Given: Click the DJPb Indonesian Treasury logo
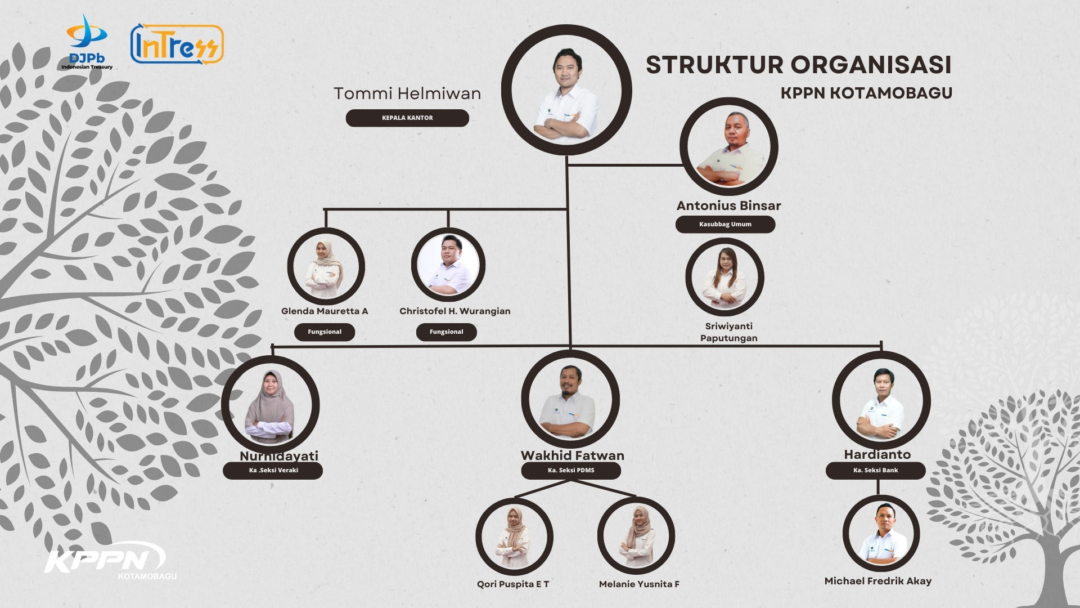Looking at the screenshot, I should coord(87,42).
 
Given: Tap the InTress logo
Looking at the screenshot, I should coord(177,43).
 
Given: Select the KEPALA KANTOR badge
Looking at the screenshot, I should coord(407,118).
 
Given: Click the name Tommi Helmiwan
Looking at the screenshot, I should coord(407,93).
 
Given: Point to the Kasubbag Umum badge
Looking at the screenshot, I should coord(725,224).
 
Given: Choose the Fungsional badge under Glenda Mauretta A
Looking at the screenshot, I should coord(325,332).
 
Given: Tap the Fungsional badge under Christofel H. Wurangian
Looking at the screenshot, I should coord(446,332).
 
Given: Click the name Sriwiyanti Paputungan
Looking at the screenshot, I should coord(728,332).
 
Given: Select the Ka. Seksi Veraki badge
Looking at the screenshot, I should coord(273,470).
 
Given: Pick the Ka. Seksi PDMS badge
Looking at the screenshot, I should coord(571,470).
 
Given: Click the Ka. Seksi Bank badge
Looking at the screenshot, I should coord(875,470).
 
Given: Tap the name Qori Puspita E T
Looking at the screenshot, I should coord(513,584).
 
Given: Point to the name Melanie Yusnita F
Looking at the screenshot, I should coord(639,584).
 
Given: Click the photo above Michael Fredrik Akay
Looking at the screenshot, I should coord(881,533).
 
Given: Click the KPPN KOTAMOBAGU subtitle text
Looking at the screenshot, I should coord(866,93).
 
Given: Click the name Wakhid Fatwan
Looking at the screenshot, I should coord(572,455).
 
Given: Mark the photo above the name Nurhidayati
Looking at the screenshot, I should coord(271,404).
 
